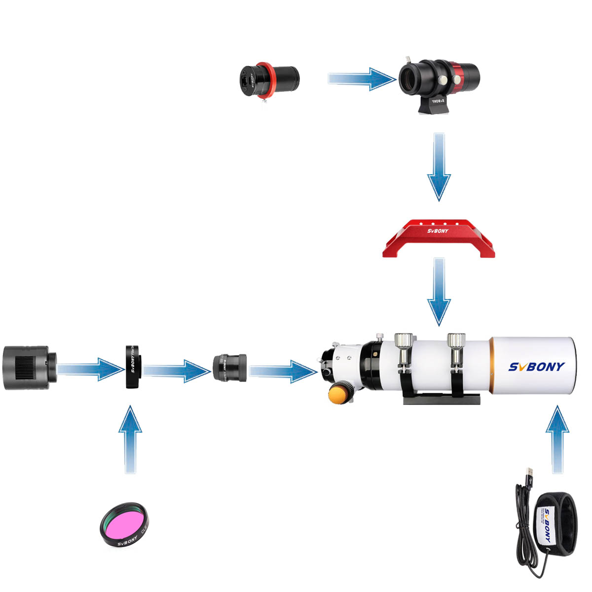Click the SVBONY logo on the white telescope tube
click(x=536, y=367)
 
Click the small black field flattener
click(x=230, y=368)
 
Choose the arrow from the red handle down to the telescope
click(x=439, y=291)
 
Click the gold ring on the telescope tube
click(x=492, y=365)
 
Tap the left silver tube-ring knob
click(x=404, y=341)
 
